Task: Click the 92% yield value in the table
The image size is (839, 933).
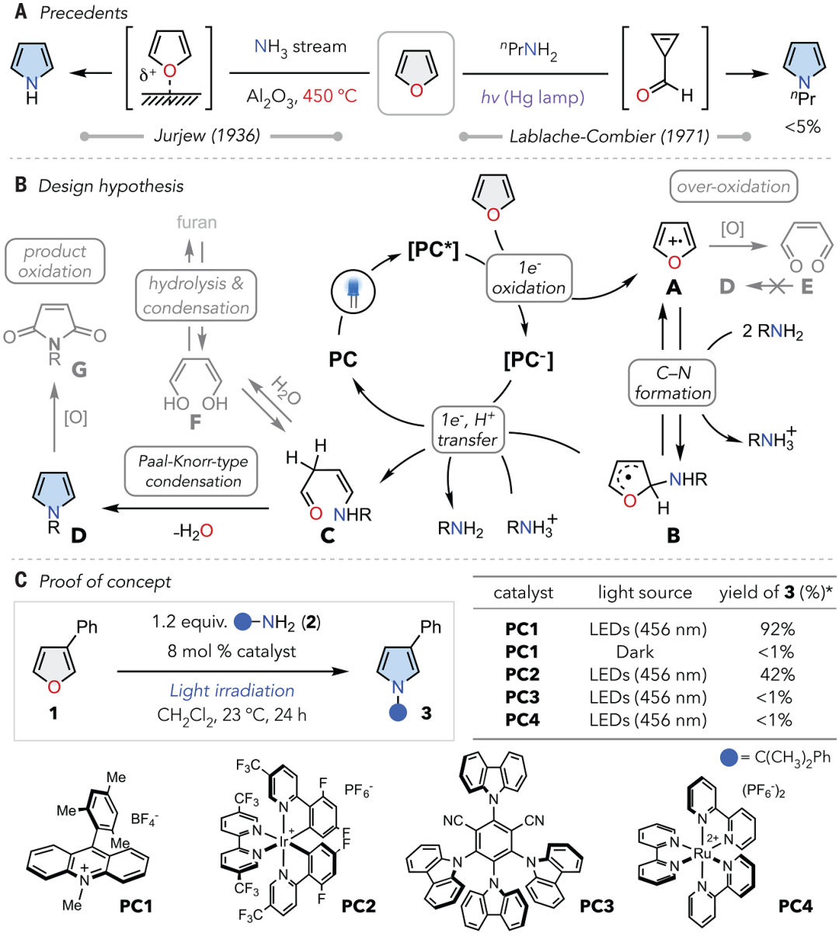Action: point(777,629)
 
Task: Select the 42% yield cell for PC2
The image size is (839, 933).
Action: point(777,674)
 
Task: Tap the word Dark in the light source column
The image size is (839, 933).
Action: point(635,652)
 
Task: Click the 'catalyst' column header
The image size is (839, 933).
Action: point(523,592)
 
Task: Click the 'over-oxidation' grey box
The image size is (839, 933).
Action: point(733,187)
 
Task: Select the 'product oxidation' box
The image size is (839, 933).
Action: point(54,261)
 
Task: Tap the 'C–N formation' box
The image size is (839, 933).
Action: point(673,383)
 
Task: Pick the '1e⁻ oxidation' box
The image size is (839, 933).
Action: point(528,278)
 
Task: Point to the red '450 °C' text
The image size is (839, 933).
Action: point(329,96)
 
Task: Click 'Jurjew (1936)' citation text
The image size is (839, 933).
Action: point(207,135)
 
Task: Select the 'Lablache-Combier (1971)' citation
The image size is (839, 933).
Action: point(608,136)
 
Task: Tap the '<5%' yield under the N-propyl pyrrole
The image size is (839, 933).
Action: point(802,127)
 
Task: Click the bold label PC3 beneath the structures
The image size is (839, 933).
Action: point(597,906)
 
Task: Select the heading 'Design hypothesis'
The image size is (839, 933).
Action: point(110,186)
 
